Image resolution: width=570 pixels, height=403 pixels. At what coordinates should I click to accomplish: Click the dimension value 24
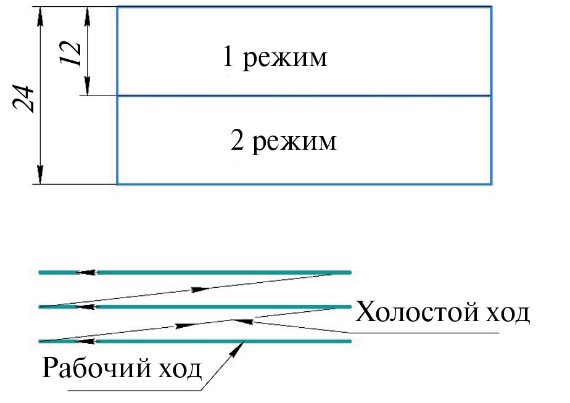click(x=23, y=99)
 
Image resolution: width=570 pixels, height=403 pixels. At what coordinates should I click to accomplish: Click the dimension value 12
click(x=70, y=54)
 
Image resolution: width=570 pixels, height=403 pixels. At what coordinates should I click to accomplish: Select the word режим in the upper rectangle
click(x=285, y=58)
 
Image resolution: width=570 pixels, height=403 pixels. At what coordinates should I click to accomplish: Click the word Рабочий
click(x=96, y=368)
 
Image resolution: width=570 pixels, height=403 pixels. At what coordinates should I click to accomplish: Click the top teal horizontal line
click(x=195, y=272)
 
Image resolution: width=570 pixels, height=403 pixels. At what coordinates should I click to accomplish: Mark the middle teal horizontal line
click(x=195, y=307)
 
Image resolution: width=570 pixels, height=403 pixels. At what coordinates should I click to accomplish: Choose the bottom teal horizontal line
click(x=195, y=341)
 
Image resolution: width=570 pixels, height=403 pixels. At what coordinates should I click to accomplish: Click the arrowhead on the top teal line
click(x=86, y=272)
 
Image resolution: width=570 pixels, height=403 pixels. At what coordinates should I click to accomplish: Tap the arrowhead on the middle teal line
click(x=86, y=307)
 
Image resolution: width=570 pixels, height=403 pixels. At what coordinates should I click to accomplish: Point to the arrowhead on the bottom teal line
click(x=86, y=341)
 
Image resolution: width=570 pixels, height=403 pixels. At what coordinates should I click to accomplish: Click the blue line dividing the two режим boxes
click(x=304, y=96)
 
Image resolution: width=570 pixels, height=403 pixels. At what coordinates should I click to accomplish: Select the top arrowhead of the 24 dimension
click(x=40, y=17)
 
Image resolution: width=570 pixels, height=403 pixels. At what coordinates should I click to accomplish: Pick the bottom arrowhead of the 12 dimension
click(x=87, y=86)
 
